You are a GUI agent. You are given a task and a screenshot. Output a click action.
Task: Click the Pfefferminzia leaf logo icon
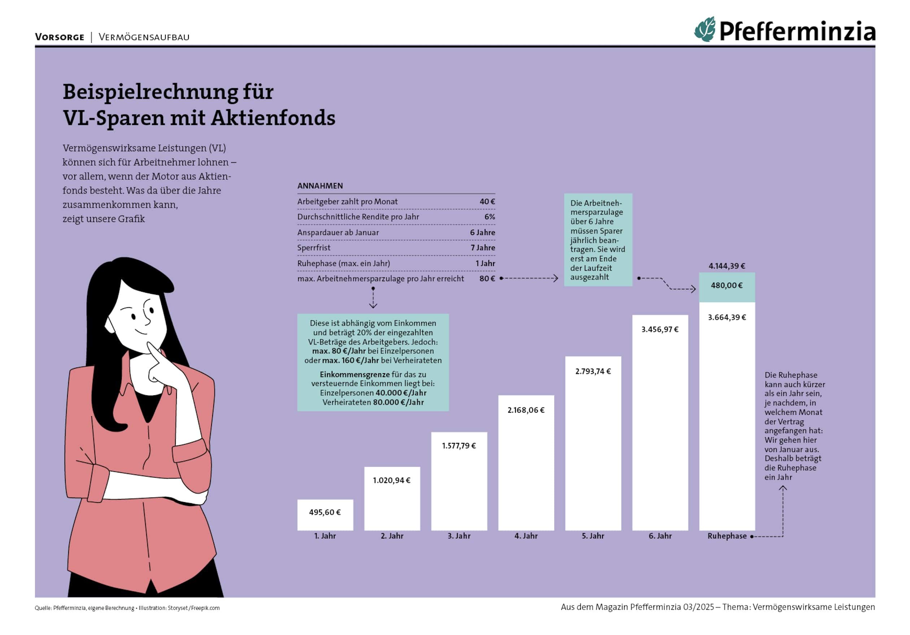[x=705, y=29]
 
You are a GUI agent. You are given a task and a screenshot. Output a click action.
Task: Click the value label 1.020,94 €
[x=392, y=480]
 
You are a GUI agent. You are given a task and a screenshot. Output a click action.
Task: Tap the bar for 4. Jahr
[x=526, y=468]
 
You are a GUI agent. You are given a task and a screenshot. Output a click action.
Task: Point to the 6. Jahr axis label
[x=660, y=536]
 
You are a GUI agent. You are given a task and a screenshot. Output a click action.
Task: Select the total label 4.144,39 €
[x=727, y=266]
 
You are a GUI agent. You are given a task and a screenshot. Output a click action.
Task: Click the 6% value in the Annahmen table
[x=489, y=217]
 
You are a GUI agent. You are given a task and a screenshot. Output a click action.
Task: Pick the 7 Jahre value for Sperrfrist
[x=483, y=248]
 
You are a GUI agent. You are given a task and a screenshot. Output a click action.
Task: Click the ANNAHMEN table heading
[x=320, y=186]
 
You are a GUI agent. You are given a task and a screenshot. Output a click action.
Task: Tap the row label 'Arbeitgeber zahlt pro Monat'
[x=347, y=201]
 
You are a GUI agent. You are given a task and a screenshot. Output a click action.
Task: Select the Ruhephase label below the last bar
[x=727, y=536]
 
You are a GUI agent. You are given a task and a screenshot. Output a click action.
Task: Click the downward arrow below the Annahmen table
[x=373, y=304]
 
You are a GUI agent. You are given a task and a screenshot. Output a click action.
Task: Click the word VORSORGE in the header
[x=60, y=37]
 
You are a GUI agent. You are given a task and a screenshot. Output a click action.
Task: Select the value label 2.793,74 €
[x=593, y=371]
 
